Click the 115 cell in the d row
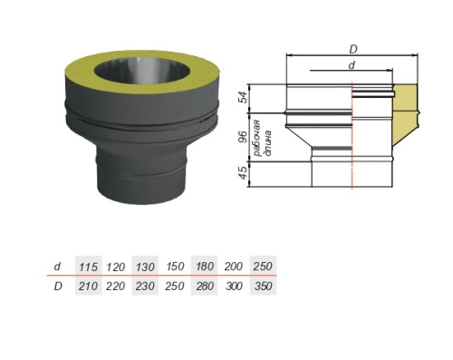(89, 267)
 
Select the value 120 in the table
(116, 267)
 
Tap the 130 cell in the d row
(145, 267)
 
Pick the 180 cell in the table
(204, 267)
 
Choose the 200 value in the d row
(234, 267)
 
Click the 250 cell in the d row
(263, 267)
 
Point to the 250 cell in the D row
(175, 286)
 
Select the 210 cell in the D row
(89, 286)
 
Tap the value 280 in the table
(204, 286)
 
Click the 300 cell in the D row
(234, 286)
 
